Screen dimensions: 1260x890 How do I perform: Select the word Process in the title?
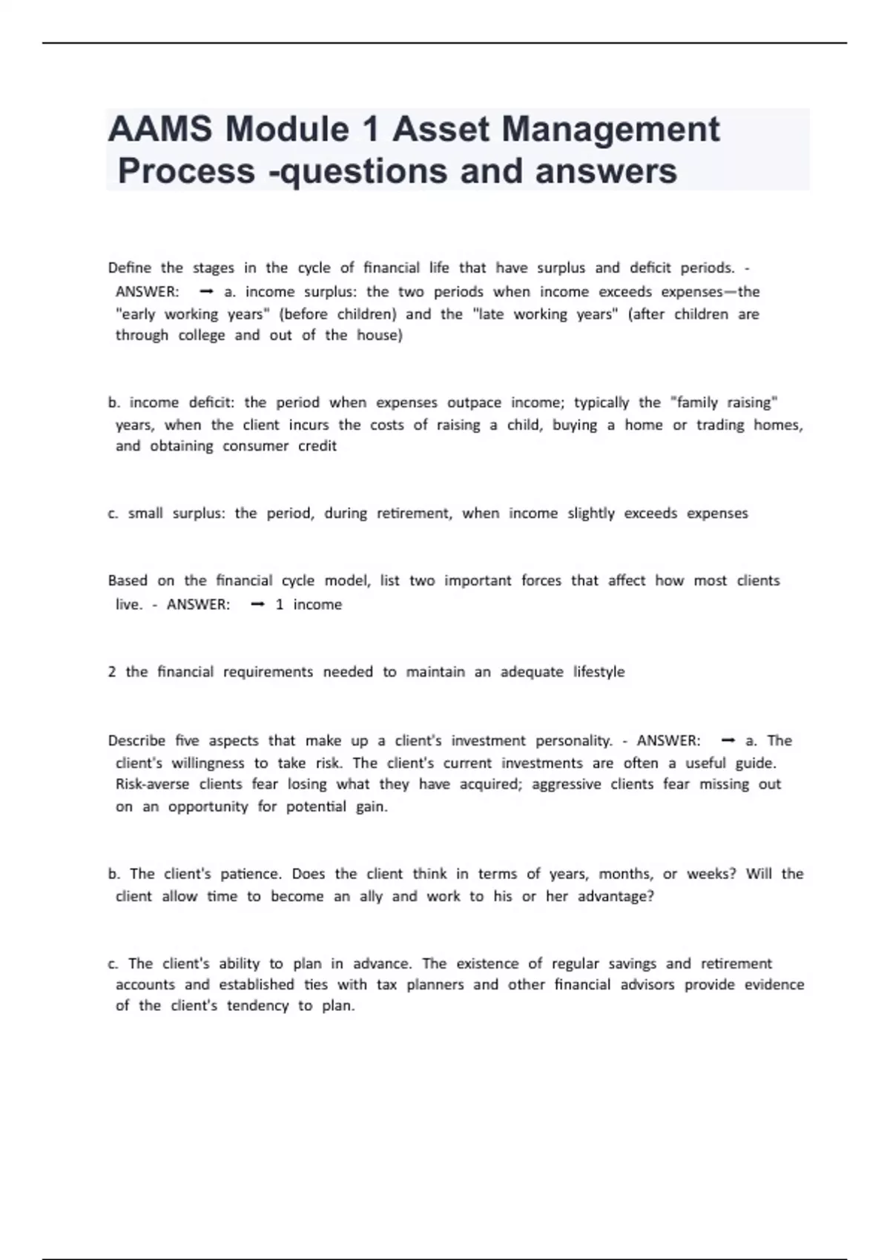pyautogui.click(x=186, y=171)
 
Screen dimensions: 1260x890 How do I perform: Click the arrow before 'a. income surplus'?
pyautogui.click(x=207, y=292)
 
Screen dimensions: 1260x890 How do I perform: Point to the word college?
pyautogui.click(x=201, y=335)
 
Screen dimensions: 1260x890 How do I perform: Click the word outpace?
pyautogui.click(x=474, y=402)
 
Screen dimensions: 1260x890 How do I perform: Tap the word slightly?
pyautogui.click(x=590, y=513)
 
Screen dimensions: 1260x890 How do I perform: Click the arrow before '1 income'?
pyautogui.click(x=258, y=605)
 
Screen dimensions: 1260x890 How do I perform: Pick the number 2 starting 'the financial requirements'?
pyautogui.click(x=112, y=672)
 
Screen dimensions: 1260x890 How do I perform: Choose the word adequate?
pyautogui.click(x=531, y=672)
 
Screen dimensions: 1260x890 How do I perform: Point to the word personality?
pyautogui.click(x=574, y=740)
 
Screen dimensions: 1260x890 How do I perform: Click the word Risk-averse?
pyautogui.click(x=152, y=784)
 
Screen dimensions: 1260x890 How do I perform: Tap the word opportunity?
pyautogui.click(x=208, y=806)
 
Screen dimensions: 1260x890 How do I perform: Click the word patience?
pyautogui.click(x=251, y=874)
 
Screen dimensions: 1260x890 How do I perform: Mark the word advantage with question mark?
pyautogui.click(x=616, y=896)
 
